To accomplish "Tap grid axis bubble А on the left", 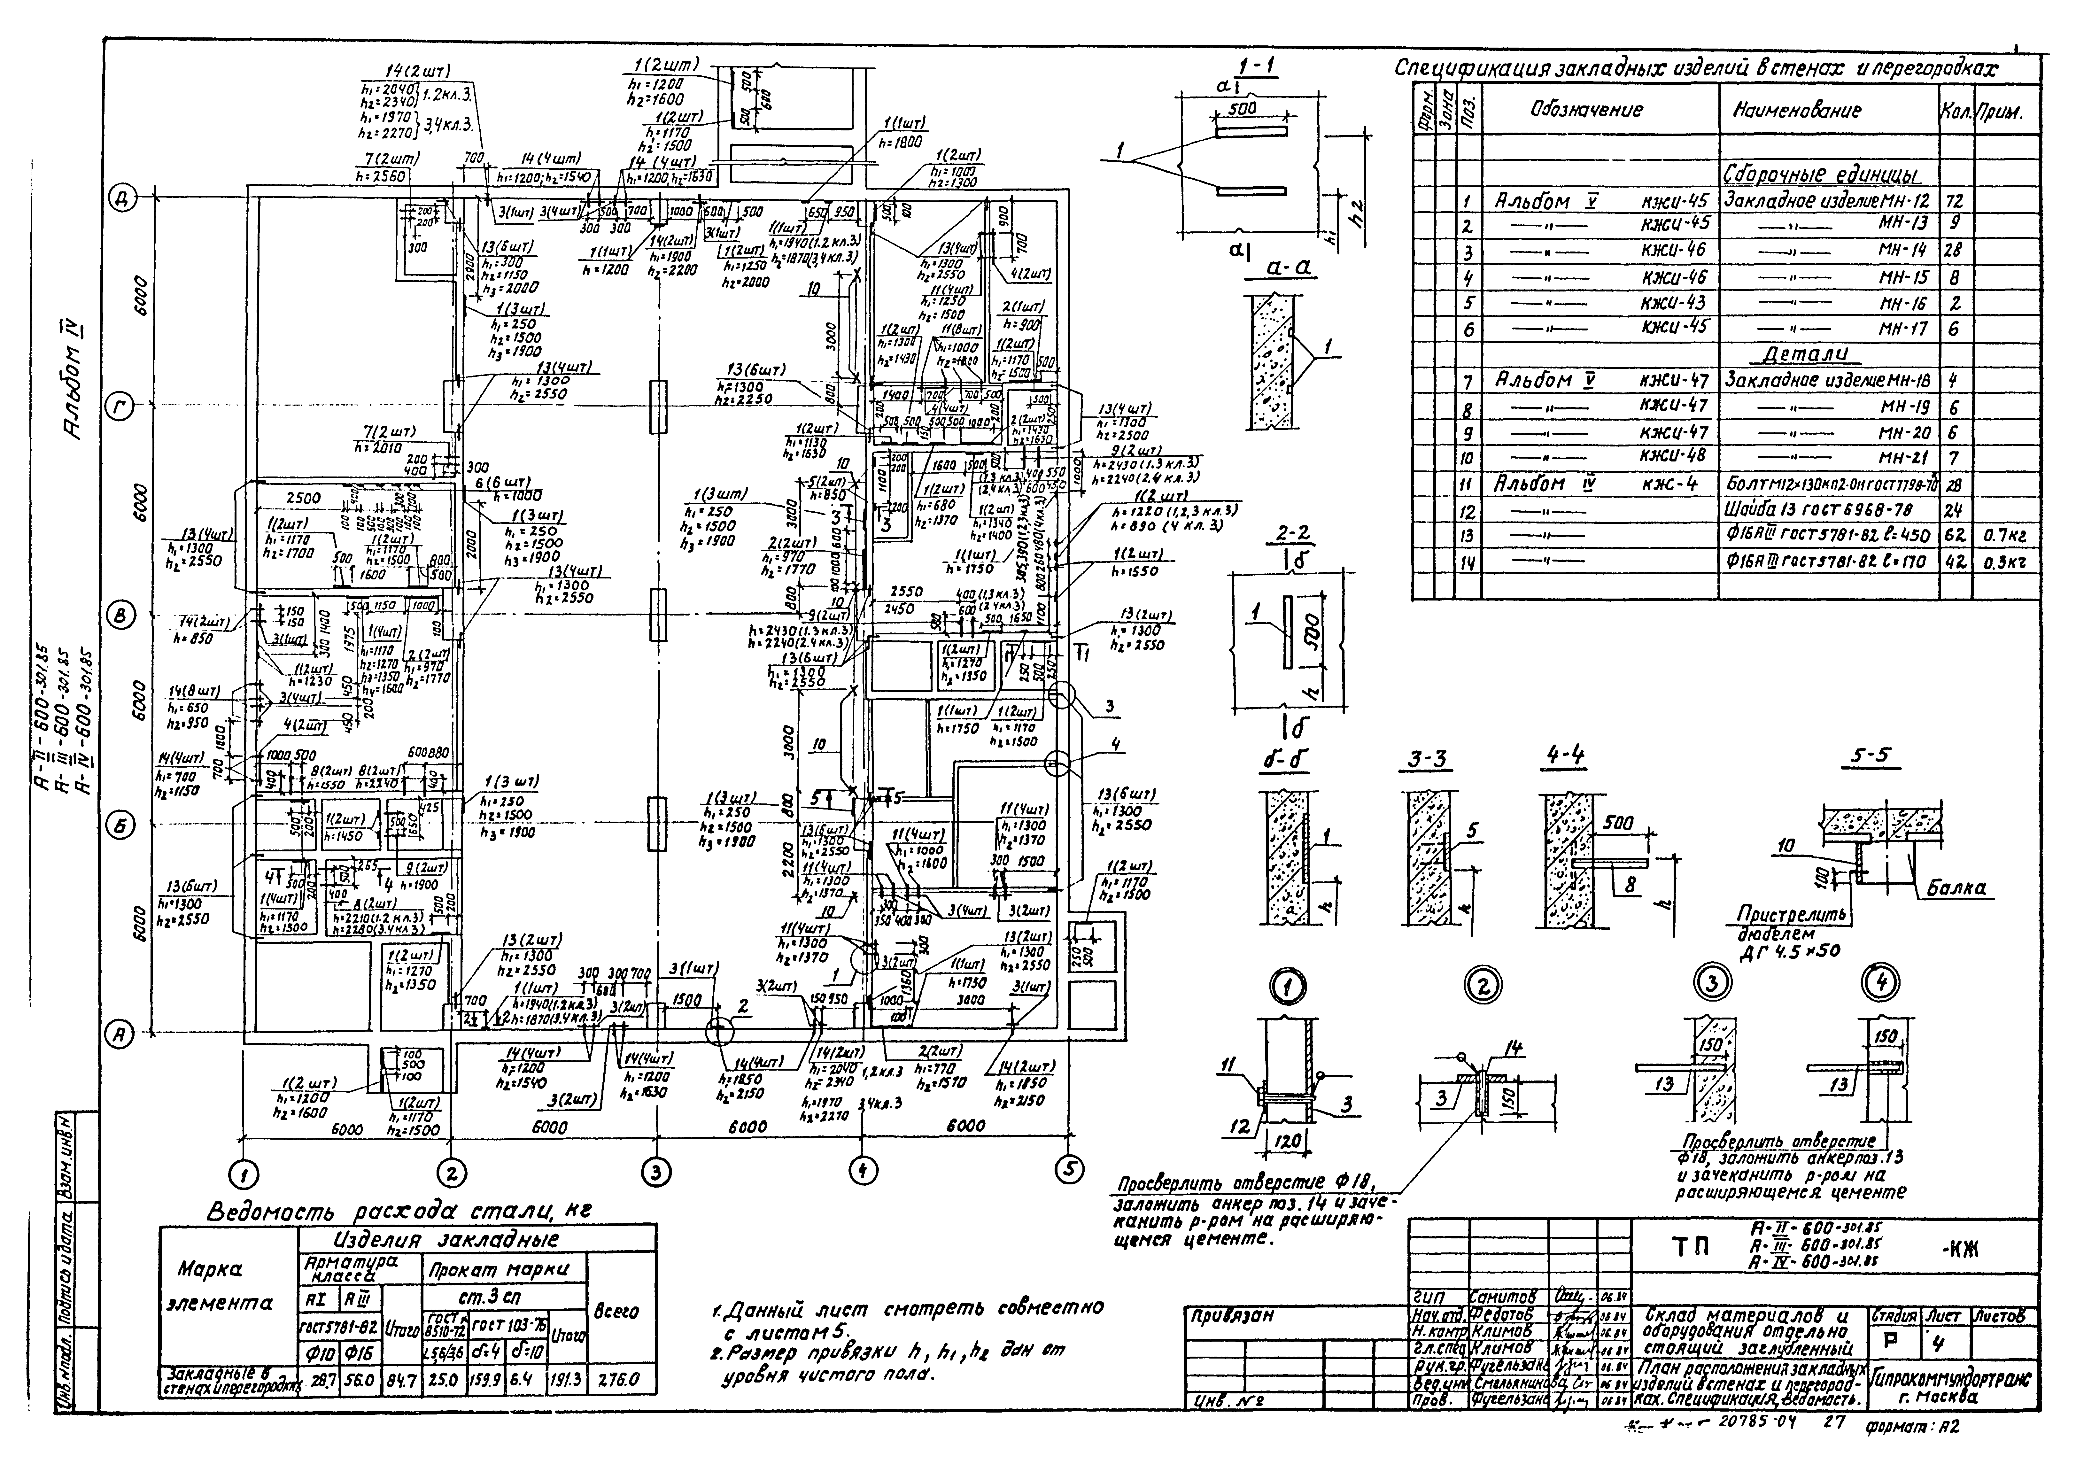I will (x=120, y=1034).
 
